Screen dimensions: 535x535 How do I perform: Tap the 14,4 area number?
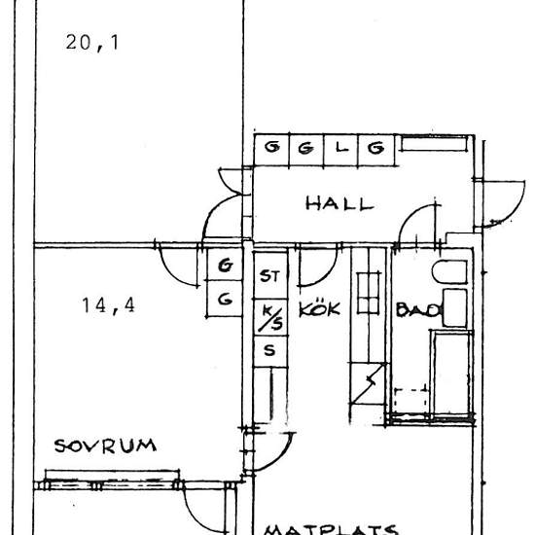109,305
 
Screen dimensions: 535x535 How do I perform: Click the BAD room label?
417,310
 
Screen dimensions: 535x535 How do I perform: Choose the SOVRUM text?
105,446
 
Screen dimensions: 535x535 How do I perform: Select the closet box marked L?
340,148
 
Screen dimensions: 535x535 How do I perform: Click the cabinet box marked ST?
269,276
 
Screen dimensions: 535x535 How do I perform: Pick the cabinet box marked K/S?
269,313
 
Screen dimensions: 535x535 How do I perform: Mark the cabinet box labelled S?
269,349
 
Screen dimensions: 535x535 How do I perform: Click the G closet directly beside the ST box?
225,265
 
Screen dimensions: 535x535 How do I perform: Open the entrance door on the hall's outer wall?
496,204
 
